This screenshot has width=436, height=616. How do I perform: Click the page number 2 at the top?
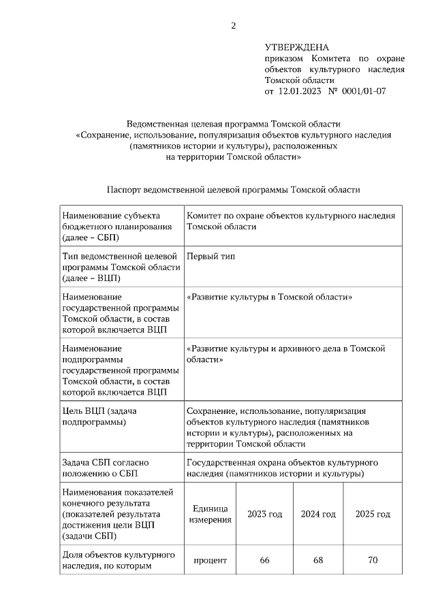[x=234, y=27]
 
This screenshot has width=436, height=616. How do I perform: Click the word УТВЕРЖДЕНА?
[x=296, y=48]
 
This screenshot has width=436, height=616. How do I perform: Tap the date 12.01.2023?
[x=300, y=91]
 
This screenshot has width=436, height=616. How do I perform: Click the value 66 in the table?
[x=265, y=560]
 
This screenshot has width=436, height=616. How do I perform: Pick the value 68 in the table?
[x=319, y=560]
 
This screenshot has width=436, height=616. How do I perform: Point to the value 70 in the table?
[x=373, y=560]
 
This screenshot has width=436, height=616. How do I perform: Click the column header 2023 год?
[x=265, y=515]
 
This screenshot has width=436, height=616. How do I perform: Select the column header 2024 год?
[x=319, y=515]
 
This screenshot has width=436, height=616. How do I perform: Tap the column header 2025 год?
[x=373, y=515]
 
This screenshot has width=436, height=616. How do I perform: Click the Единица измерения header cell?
[x=210, y=515]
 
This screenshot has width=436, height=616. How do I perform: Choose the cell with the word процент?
[x=210, y=560]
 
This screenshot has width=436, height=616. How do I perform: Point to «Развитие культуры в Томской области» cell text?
[x=269, y=297]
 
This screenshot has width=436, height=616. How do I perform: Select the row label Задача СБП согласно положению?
[x=105, y=468]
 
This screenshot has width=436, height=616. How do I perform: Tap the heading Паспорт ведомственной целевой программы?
[x=233, y=190]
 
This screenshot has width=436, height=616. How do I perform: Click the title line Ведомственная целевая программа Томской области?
[x=233, y=124]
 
